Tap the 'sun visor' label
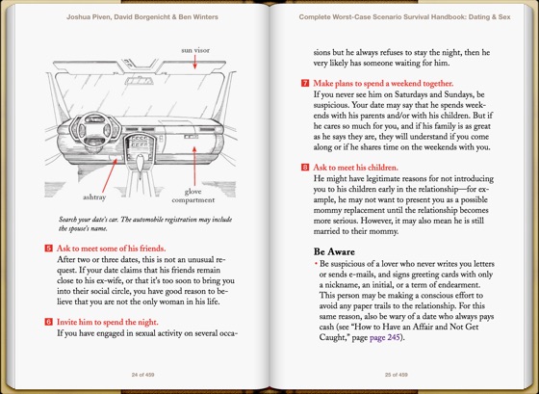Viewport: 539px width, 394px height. [195, 50]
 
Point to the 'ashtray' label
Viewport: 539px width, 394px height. [94, 197]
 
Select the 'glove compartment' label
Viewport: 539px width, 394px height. [193, 196]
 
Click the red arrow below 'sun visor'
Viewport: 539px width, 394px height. [194, 62]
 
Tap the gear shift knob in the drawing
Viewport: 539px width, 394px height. [141, 163]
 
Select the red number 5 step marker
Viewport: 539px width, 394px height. [48, 249]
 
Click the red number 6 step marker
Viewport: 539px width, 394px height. [48, 322]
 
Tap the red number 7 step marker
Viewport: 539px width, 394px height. [305, 83]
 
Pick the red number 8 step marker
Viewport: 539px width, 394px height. [305, 168]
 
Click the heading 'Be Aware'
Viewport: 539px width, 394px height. [334, 251]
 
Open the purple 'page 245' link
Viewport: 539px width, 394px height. [384, 337]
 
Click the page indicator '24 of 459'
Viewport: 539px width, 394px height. [142, 375]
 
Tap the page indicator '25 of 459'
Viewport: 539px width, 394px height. [396, 375]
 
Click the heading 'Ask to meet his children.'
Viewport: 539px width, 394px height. [355, 168]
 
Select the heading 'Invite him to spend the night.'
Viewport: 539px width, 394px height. [107, 322]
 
